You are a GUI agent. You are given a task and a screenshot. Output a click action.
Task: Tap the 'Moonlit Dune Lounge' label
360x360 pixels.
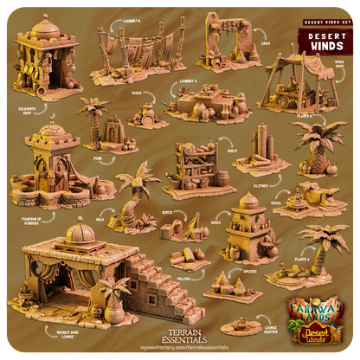pyautogui.click(x=41, y=331)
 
